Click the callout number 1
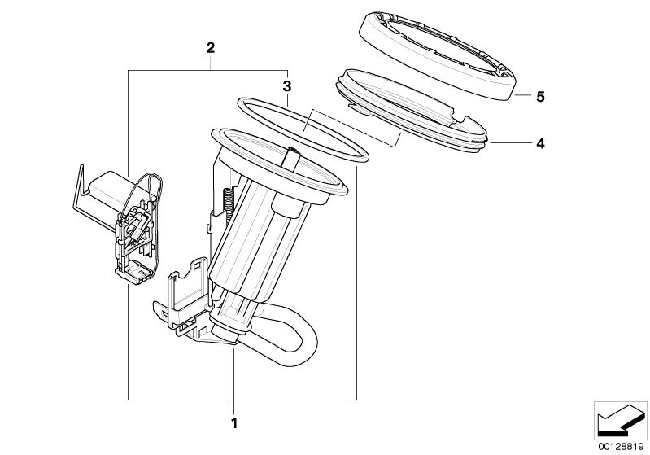(233, 422)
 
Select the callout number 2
(210, 49)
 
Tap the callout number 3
(286, 85)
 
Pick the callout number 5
(539, 96)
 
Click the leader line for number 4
(513, 143)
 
